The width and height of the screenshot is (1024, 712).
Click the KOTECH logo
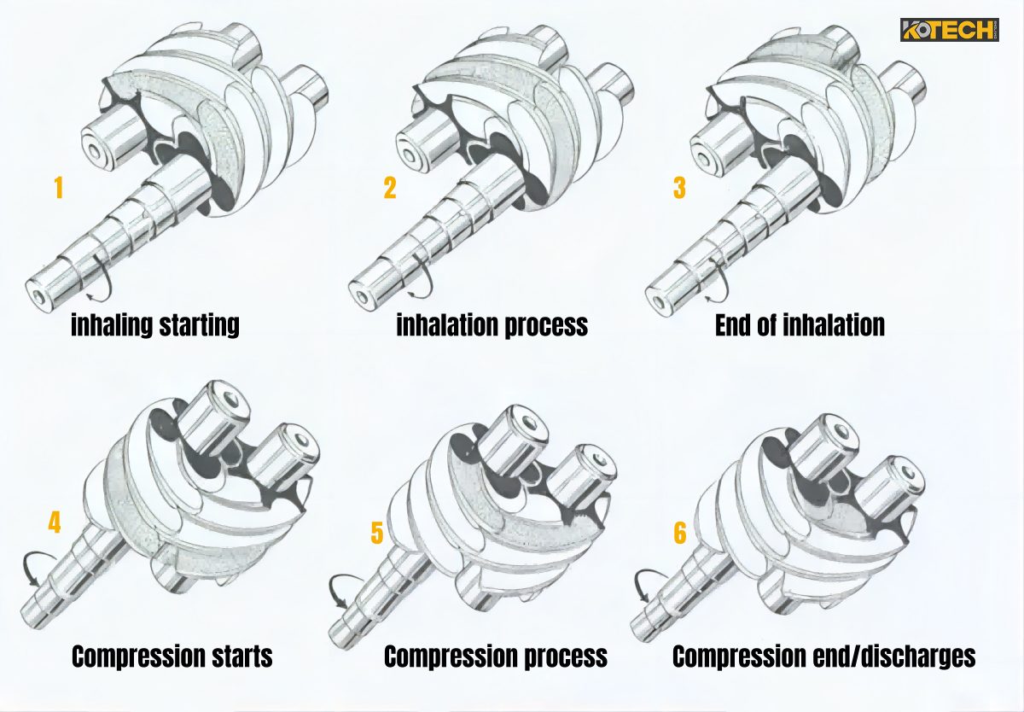(948, 31)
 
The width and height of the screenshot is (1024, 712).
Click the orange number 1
(58, 187)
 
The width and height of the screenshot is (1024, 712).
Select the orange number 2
(389, 187)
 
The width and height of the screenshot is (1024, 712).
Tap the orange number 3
(678, 187)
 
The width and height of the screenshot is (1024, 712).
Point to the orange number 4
(54, 522)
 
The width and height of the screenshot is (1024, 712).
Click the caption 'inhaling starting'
(154, 325)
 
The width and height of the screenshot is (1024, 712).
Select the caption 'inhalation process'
(492, 325)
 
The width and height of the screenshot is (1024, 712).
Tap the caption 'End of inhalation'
(800, 325)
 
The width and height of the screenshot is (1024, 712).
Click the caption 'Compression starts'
(172, 657)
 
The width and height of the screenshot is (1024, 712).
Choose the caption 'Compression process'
(495, 657)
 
